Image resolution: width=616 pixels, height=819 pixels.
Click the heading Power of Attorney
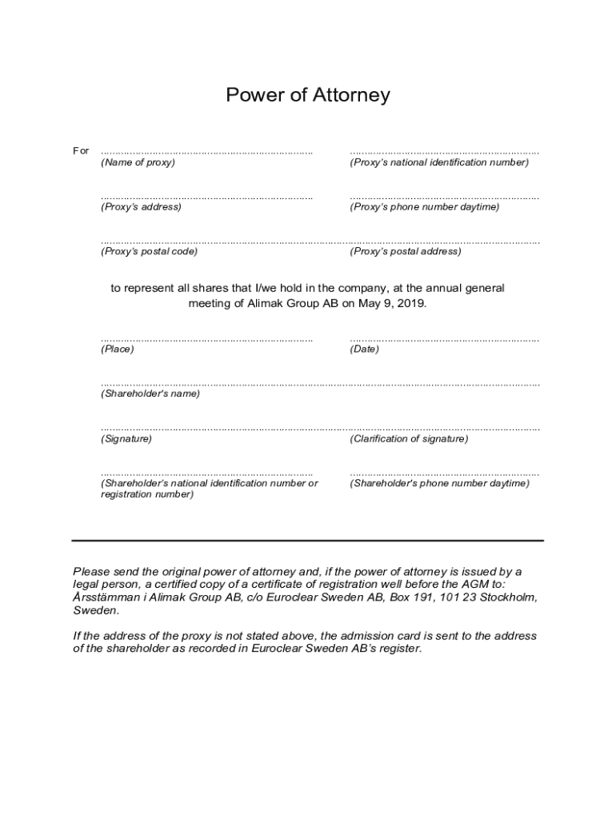[308, 95]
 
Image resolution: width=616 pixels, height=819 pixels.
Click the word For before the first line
[81, 151]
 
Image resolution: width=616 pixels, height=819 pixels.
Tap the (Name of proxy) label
[138, 162]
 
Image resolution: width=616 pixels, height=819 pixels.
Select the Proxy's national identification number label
[439, 162]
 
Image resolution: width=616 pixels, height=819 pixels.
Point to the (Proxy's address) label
[141, 207]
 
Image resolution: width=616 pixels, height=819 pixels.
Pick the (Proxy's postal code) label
[149, 251]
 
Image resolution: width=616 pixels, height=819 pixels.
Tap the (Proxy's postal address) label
[406, 251]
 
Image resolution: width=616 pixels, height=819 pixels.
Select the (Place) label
[118, 350]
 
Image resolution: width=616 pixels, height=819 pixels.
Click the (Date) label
[364, 350]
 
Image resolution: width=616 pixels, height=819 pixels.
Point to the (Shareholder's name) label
[150, 394]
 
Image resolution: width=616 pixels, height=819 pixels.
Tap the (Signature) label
[126, 439]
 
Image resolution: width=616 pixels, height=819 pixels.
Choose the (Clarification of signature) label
[409, 439]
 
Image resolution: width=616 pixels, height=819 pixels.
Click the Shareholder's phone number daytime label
[439, 484]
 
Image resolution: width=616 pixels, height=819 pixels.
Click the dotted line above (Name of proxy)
[206, 152]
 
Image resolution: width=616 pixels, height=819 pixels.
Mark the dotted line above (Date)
[444, 340]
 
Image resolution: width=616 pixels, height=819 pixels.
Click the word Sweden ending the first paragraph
[95, 610]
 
